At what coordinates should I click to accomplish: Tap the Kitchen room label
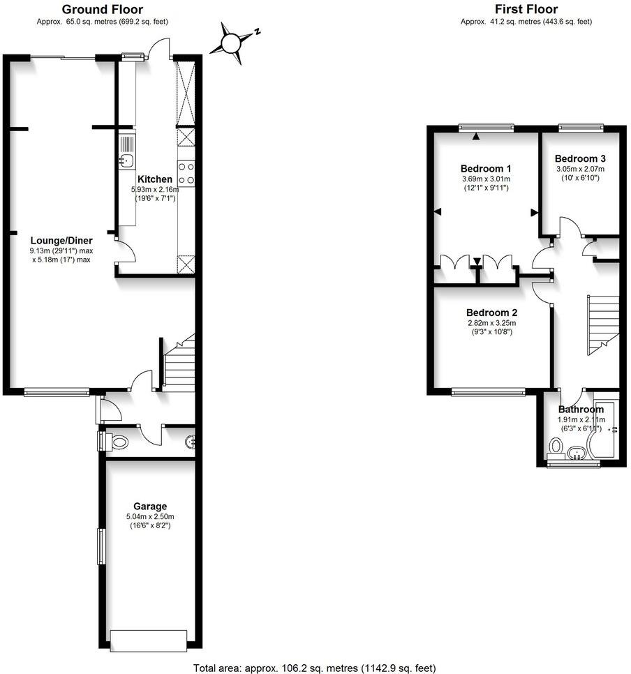point(155,179)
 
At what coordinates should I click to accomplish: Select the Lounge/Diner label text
point(61,241)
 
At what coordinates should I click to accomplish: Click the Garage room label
point(150,506)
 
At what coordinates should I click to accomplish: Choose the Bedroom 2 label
point(491,312)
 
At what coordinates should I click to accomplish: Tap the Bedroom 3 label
point(580,158)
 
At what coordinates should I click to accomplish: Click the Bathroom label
point(581,410)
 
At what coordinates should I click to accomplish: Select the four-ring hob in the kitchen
point(186,172)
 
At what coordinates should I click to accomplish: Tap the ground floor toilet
point(119,442)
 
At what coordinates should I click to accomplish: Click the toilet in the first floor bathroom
point(556,445)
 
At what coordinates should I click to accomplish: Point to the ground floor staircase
point(179,363)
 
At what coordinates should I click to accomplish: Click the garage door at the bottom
point(149,638)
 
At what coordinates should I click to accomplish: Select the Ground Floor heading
point(103,10)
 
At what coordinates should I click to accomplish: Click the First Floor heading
point(526,10)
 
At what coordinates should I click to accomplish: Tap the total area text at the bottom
point(314,668)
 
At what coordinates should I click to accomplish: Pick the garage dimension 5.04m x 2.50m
point(150,516)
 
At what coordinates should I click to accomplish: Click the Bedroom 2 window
point(489,392)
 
